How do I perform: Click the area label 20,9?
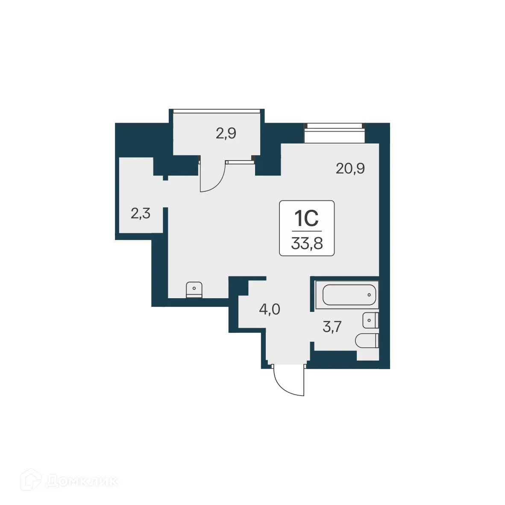tap(350, 169)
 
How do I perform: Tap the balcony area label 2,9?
tap(226, 134)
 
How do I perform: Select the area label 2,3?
tap(140, 213)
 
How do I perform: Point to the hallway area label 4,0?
tap(270, 309)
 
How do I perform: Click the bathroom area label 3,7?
tap(332, 327)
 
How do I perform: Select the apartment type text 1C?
tap(306, 219)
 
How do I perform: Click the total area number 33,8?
tap(306, 244)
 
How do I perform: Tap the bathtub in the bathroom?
tap(349, 294)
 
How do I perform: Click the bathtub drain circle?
tap(369, 294)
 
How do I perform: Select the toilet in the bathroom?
tap(367, 341)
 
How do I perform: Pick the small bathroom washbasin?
tap(370, 320)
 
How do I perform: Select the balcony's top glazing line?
tap(216, 111)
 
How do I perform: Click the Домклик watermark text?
tap(81, 481)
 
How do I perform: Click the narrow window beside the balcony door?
tap(239, 162)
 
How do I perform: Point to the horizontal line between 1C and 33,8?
tap(306, 231)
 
